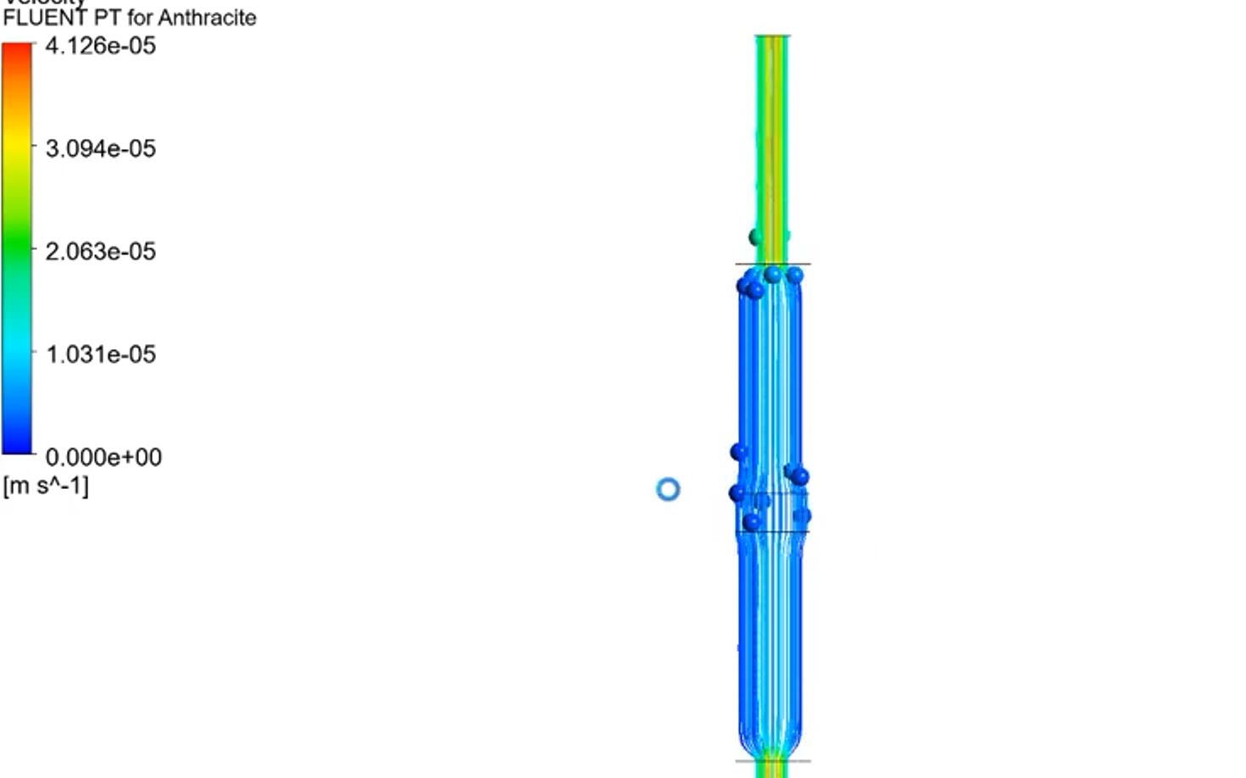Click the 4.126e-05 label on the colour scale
100,46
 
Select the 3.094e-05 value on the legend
100,148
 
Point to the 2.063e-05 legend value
100,251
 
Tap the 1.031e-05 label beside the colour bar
100,353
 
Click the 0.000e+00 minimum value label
103,457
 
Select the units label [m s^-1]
46,486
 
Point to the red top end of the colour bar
17,51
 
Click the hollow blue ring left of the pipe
668,489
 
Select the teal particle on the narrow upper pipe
757,237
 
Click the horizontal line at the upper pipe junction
772,264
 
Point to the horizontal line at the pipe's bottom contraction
772,760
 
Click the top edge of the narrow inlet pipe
772,36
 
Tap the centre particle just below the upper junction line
772,275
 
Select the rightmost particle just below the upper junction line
794,275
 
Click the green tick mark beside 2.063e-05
35,251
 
